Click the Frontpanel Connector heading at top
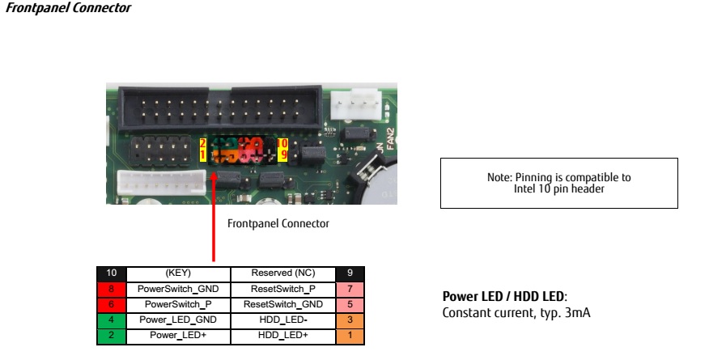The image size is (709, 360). (68, 7)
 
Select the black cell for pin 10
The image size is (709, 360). (111, 273)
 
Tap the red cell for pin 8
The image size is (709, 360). (111, 289)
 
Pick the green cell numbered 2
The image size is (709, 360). (111, 336)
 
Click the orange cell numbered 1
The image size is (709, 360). (350, 336)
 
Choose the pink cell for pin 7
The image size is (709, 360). (350, 289)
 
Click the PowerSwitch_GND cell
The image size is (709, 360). (178, 289)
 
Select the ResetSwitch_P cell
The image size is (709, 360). (283, 289)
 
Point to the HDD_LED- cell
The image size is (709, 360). (283, 320)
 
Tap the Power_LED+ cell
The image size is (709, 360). (178, 335)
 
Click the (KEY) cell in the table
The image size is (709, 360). (178, 273)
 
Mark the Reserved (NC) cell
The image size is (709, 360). (283, 273)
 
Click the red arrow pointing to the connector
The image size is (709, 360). (214, 216)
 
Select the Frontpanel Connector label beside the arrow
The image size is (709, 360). (278, 223)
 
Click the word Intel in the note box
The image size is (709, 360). (524, 188)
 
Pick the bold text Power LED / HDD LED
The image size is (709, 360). (503, 296)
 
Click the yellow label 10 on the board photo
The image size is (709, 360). (282, 144)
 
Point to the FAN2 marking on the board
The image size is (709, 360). (391, 139)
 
